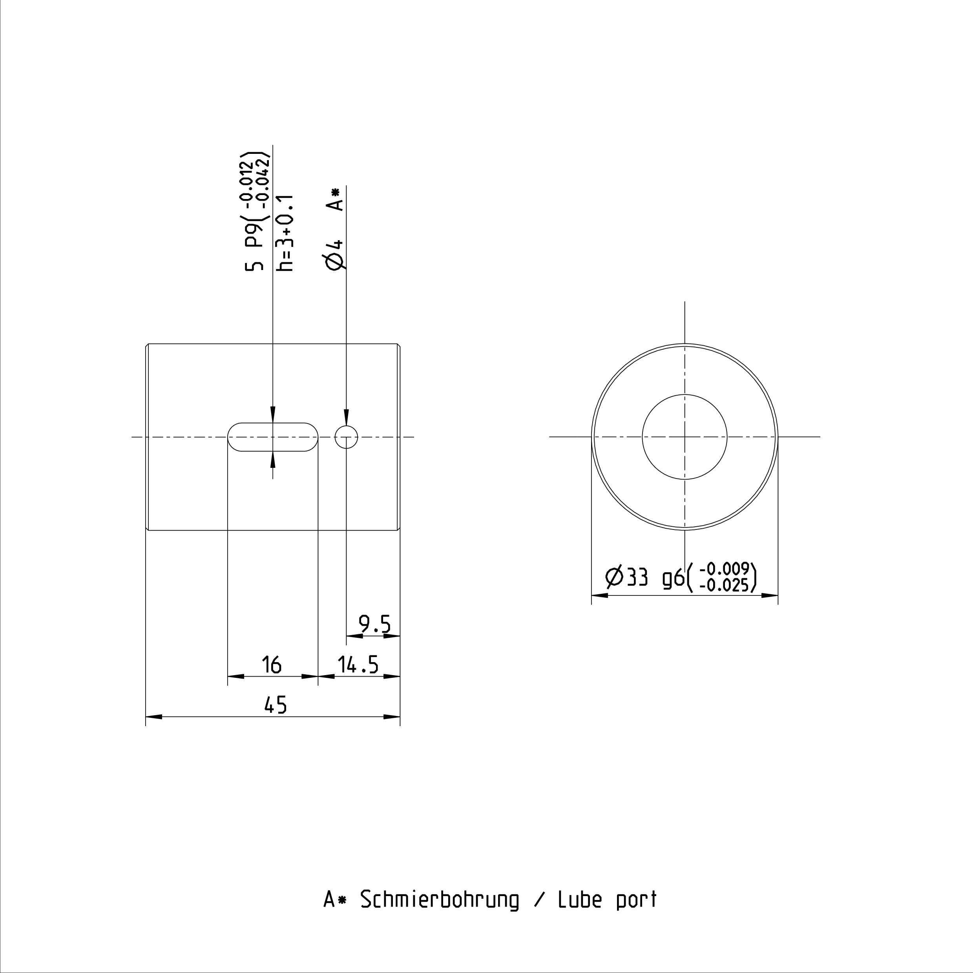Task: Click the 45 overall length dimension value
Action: click(276, 705)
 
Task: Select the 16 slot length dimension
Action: click(272, 665)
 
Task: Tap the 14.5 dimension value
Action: click(358, 665)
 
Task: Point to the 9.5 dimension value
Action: click(375, 625)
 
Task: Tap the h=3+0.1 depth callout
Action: click(285, 233)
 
